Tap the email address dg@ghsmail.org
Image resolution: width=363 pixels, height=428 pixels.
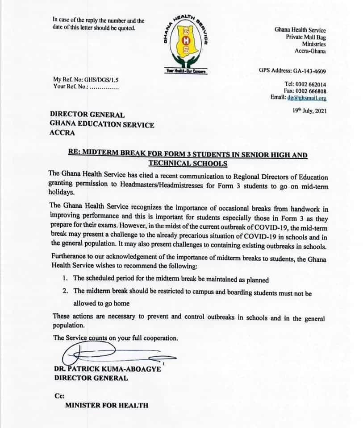tap(307, 98)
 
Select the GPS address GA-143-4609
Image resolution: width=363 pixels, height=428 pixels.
tap(309, 70)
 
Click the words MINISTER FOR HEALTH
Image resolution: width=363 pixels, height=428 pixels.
tap(107, 405)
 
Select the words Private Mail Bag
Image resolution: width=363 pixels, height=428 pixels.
tap(306, 37)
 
